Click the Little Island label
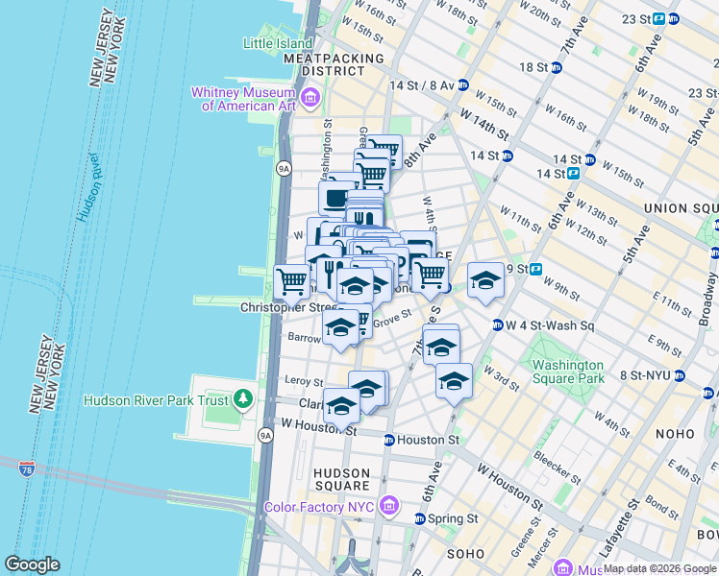click(278, 43)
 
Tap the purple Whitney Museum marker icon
click(310, 98)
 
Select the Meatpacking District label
click(334, 64)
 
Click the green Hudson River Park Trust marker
click(244, 398)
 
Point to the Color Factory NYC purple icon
click(388, 505)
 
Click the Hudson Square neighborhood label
click(340, 480)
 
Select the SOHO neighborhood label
click(465, 554)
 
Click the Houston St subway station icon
click(388, 440)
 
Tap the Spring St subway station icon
click(419, 518)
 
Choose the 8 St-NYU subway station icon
click(680, 375)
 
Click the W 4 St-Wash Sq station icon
click(497, 324)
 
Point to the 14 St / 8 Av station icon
click(462, 84)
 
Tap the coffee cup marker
click(335, 198)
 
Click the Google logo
click(32, 564)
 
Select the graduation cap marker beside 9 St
click(485, 280)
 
